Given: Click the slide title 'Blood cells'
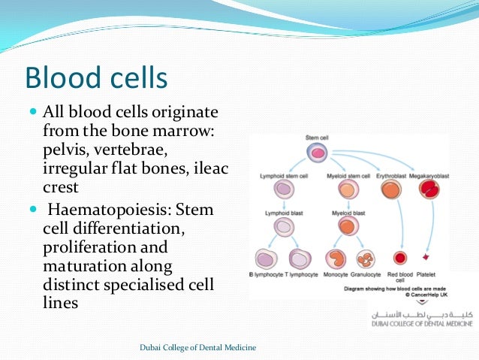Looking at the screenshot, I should click(x=96, y=78).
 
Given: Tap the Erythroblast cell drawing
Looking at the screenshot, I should click(x=390, y=190).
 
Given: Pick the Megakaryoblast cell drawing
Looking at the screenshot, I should click(x=429, y=190).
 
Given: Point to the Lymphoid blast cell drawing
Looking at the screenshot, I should click(x=284, y=225).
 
